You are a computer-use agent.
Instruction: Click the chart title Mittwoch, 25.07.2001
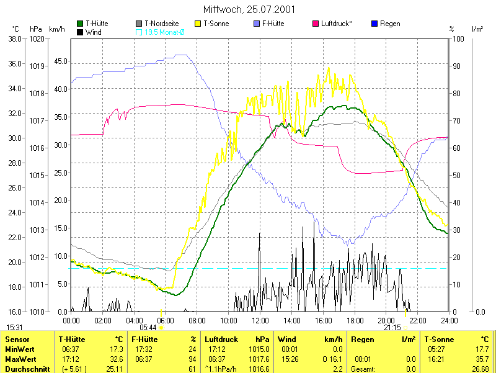click(x=249, y=10)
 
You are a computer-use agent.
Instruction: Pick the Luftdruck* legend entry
click(x=336, y=24)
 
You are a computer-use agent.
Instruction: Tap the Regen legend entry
click(x=389, y=24)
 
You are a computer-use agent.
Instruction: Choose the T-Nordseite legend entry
click(x=161, y=24)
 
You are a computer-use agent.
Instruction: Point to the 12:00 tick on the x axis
click(x=260, y=320)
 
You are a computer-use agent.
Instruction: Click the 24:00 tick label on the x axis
click(x=449, y=320)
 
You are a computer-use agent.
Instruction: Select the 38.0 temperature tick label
click(x=14, y=38)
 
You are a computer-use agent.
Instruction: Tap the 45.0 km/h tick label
click(x=60, y=61)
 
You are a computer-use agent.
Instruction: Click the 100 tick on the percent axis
click(x=458, y=38)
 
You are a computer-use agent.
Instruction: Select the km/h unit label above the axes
click(x=56, y=29)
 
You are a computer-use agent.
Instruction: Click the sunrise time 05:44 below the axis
click(x=148, y=327)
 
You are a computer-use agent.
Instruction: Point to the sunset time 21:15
click(x=392, y=327)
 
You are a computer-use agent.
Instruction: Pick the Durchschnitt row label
click(x=27, y=369)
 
